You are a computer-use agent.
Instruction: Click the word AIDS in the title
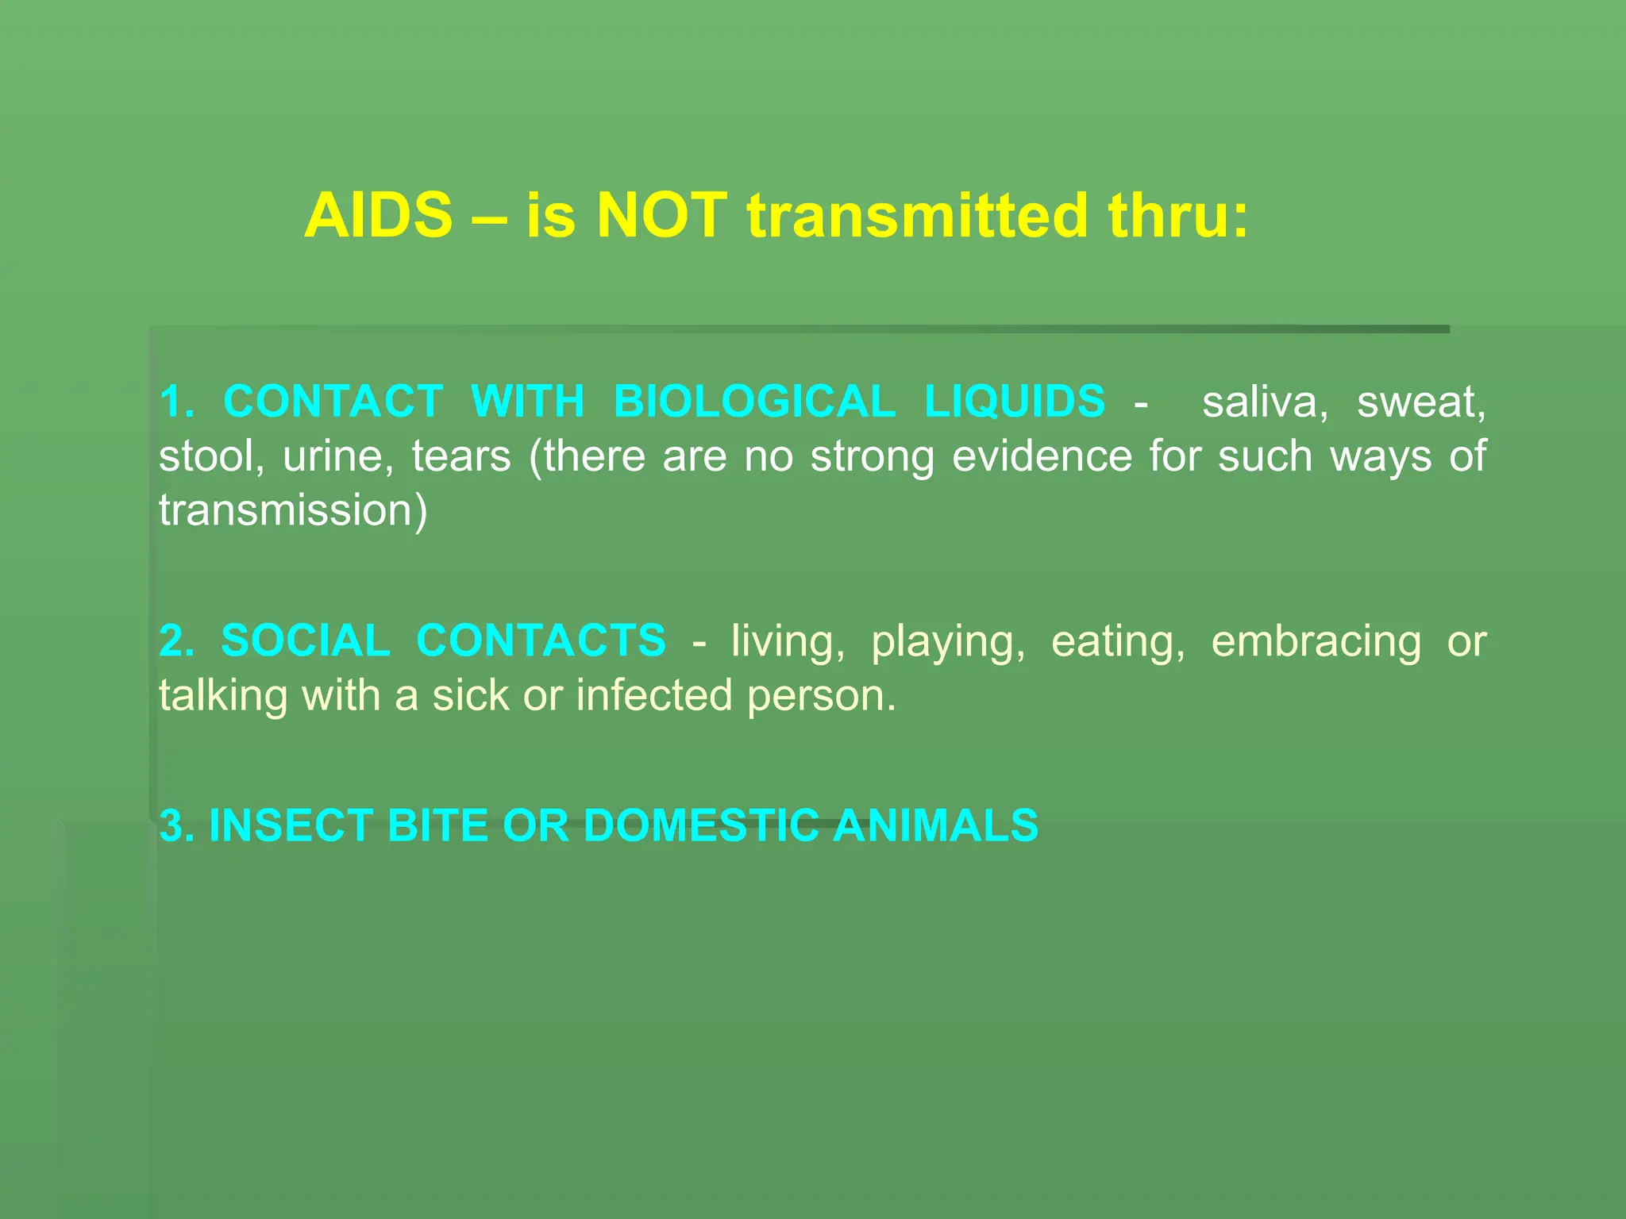378,216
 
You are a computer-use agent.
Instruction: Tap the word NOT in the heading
661,216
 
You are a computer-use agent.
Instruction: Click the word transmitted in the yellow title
917,216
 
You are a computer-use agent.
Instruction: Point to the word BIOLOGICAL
754,402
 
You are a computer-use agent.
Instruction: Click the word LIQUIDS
1015,402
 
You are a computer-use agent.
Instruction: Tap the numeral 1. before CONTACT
176,402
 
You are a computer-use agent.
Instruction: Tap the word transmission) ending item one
293,510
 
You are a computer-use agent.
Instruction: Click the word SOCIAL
305,641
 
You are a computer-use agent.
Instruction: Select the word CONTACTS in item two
541,641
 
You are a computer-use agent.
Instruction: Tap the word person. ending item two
821,697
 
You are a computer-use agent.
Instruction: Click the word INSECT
291,826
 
